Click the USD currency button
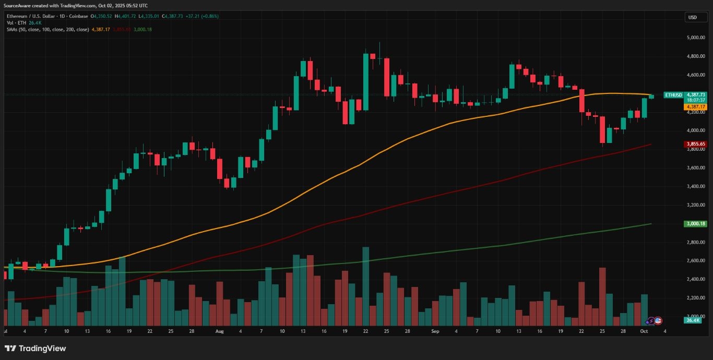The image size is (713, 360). [693, 17]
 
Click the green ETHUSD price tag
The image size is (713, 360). [673, 95]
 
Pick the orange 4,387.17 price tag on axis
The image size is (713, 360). [695, 106]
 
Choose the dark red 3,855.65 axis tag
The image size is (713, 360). [695, 144]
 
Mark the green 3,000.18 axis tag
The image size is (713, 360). [695, 224]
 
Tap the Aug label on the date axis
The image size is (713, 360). [219, 331]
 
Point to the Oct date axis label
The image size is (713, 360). [644, 331]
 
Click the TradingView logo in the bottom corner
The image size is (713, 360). [35, 349]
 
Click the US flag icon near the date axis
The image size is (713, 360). [658, 320]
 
